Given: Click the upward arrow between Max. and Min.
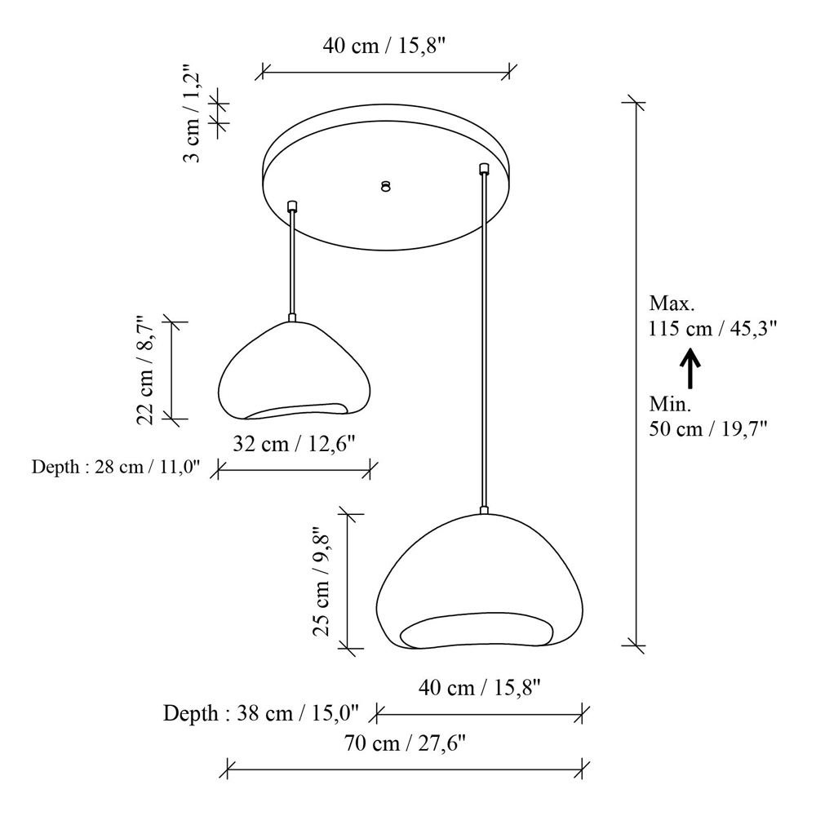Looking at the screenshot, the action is pyautogui.click(x=690, y=369).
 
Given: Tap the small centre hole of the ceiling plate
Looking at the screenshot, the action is pyautogui.click(x=386, y=186).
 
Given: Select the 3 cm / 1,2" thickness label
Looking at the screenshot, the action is pyautogui.click(x=192, y=114).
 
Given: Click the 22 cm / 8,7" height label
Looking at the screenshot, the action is pyautogui.click(x=144, y=370).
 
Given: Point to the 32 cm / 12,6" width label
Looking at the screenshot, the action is pyautogui.click(x=294, y=444).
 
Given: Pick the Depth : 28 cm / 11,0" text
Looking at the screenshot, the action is pyautogui.click(x=116, y=467).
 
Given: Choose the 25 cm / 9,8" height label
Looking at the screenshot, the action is pyautogui.click(x=321, y=579).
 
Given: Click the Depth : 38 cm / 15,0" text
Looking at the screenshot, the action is pyautogui.click(x=261, y=713).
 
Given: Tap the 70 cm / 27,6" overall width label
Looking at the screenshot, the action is pyautogui.click(x=405, y=743).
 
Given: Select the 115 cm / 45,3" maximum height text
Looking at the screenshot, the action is pyautogui.click(x=713, y=329).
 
